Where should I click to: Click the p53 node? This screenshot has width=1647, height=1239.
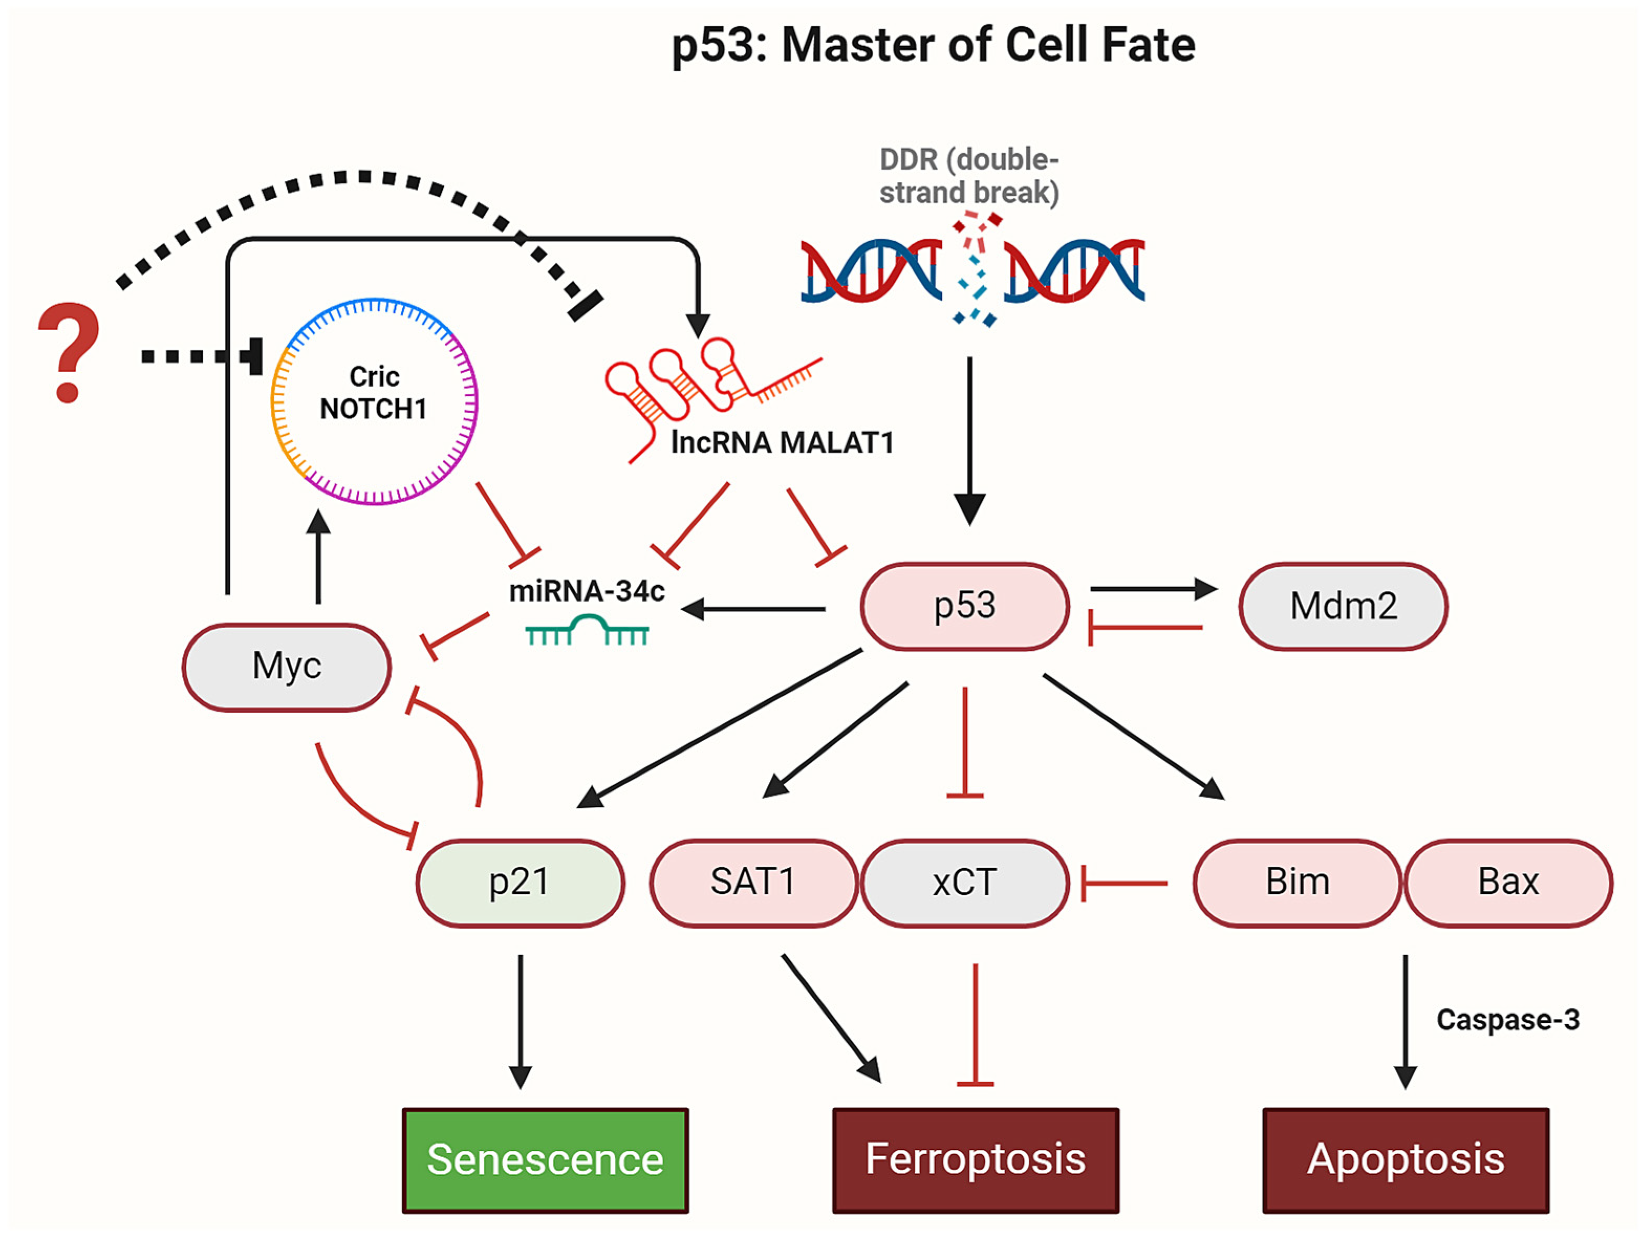[x=965, y=606]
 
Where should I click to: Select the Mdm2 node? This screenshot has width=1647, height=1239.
[x=1343, y=606]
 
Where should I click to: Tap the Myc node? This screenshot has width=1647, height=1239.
[x=287, y=667]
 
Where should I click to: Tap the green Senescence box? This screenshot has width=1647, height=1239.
[x=545, y=1160]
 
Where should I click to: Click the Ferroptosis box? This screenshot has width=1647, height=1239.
[x=976, y=1160]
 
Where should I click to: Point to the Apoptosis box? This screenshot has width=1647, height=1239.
[x=1406, y=1160]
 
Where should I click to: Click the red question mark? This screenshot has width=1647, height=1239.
[x=69, y=350]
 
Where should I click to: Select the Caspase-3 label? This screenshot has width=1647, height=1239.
[x=1508, y=1020]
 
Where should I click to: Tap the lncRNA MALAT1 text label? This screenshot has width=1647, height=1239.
[x=782, y=443]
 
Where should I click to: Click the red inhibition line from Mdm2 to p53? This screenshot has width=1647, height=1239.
[x=1146, y=628]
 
